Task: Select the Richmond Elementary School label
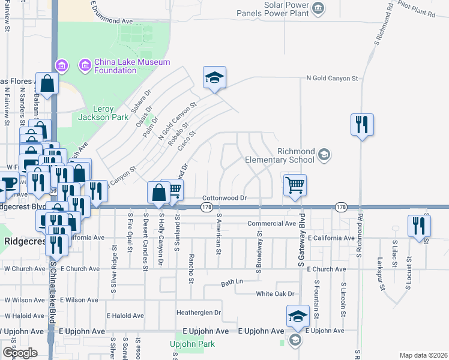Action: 279,156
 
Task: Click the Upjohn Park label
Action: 192,344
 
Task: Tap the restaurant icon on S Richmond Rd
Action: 362,125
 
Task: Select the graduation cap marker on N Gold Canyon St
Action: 214,77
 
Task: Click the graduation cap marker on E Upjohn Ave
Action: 298,317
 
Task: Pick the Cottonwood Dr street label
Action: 225,197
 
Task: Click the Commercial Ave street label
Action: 272,224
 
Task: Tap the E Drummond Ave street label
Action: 111,20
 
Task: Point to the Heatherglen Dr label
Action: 199,313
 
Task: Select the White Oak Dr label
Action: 276,294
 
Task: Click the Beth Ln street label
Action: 232,282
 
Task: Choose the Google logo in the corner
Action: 20,353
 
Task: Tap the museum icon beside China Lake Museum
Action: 84,64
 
